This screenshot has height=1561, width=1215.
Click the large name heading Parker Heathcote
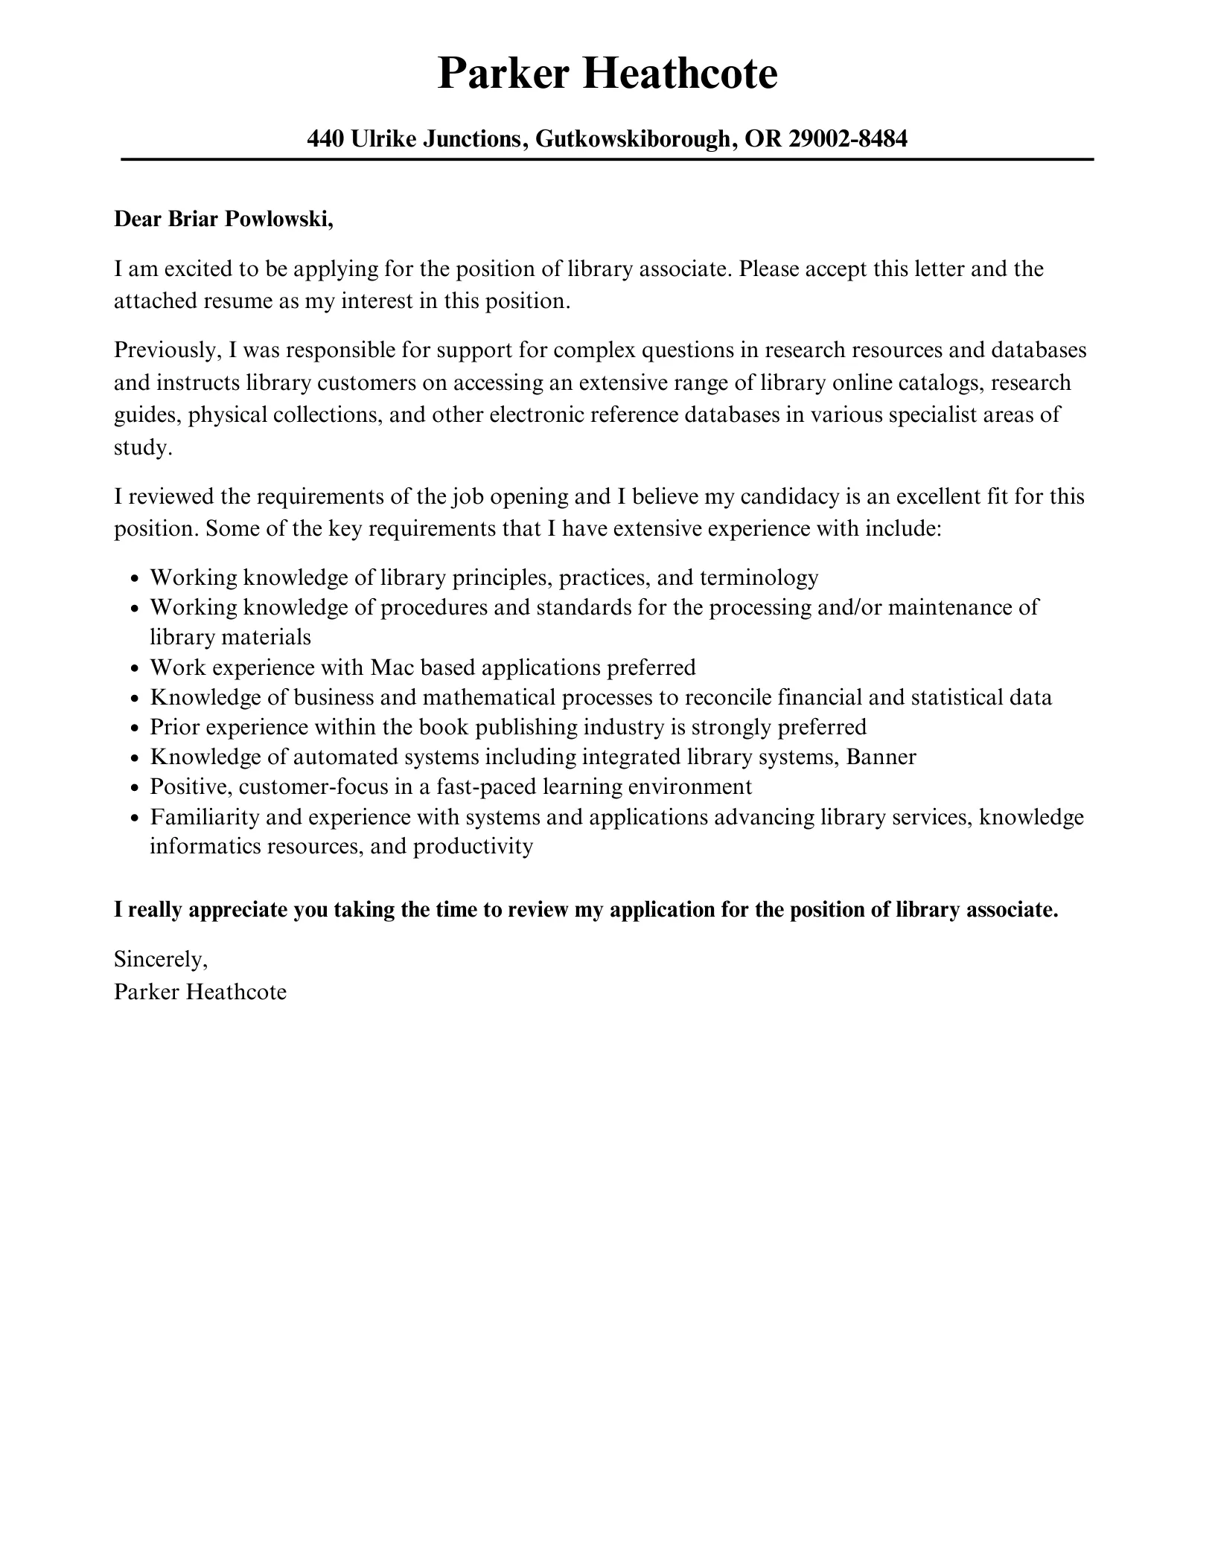tap(607, 74)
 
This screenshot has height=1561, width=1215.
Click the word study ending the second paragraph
tap(142, 448)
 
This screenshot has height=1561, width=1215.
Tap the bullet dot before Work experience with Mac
tap(135, 669)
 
